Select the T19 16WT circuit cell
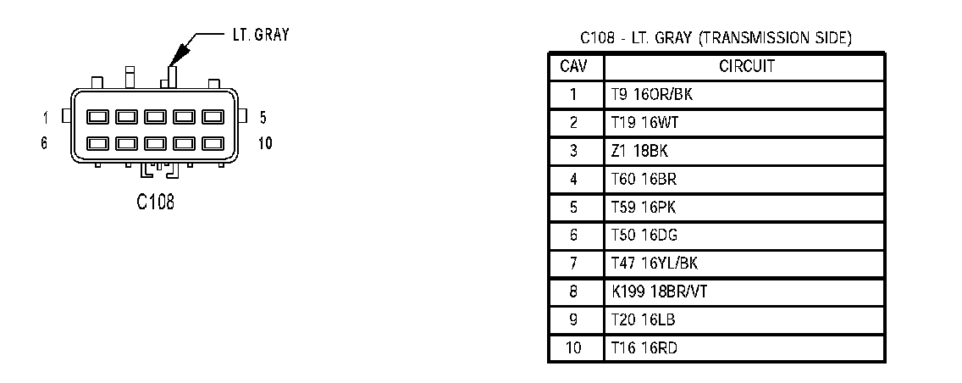(645, 123)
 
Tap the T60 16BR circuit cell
(644, 179)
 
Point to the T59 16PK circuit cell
(644, 207)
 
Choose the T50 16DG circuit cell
(644, 235)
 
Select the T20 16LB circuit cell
(644, 319)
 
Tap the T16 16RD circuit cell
(644, 347)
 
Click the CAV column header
(575, 66)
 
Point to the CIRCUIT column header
(746, 66)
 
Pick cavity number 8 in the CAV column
(574, 291)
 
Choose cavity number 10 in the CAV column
(574, 347)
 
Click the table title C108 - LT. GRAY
(716, 38)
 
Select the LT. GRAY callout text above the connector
(260, 35)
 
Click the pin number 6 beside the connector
(44, 143)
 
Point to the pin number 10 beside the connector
(265, 143)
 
